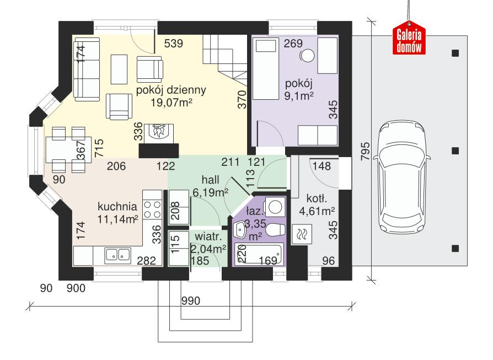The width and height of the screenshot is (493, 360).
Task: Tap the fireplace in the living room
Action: pyautogui.click(x=159, y=133)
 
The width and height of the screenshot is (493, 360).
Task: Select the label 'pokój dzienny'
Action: pyautogui.click(x=172, y=90)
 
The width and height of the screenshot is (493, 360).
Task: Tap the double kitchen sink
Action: pyautogui.click(x=117, y=254)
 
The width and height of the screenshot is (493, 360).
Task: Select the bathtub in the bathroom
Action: pyautogui.click(x=259, y=255)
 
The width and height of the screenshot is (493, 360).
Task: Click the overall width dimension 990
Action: pyautogui.click(x=191, y=301)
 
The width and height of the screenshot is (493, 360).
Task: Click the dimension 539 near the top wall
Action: pyautogui.click(x=174, y=44)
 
